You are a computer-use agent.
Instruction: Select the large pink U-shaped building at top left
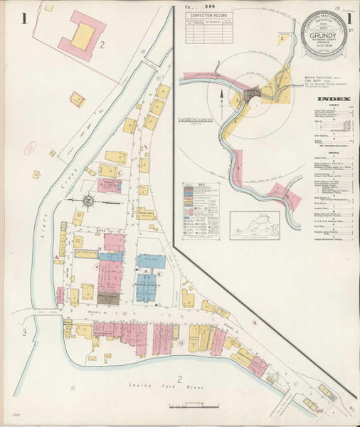pos(84,37)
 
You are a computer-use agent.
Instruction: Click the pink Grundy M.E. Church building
pos(109,185)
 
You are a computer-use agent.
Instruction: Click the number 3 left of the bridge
pos(24,332)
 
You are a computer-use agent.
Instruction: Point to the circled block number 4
pos(96,266)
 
